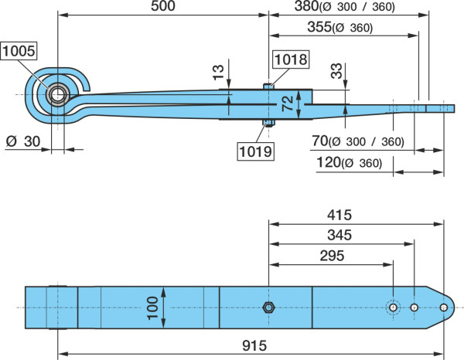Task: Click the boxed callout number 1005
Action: click(19, 51)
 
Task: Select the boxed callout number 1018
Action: click(291, 59)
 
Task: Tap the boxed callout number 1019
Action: click(256, 151)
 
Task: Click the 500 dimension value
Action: click(163, 6)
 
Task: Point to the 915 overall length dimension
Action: click(254, 345)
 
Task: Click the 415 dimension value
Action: click(339, 216)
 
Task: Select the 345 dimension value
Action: click(339, 236)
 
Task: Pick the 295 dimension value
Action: click(332, 256)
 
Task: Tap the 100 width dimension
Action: click(152, 308)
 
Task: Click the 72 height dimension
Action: click(288, 104)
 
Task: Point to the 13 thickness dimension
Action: click(218, 73)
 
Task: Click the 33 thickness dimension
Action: click(336, 71)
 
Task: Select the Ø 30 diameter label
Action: click(23, 141)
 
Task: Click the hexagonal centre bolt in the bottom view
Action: click(268, 307)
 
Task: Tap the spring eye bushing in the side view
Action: click(58, 94)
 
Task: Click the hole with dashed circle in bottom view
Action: click(394, 307)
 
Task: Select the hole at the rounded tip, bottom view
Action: click(443, 307)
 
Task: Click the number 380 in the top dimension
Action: click(306, 6)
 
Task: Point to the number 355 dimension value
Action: click(319, 27)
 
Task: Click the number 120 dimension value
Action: click(329, 162)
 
